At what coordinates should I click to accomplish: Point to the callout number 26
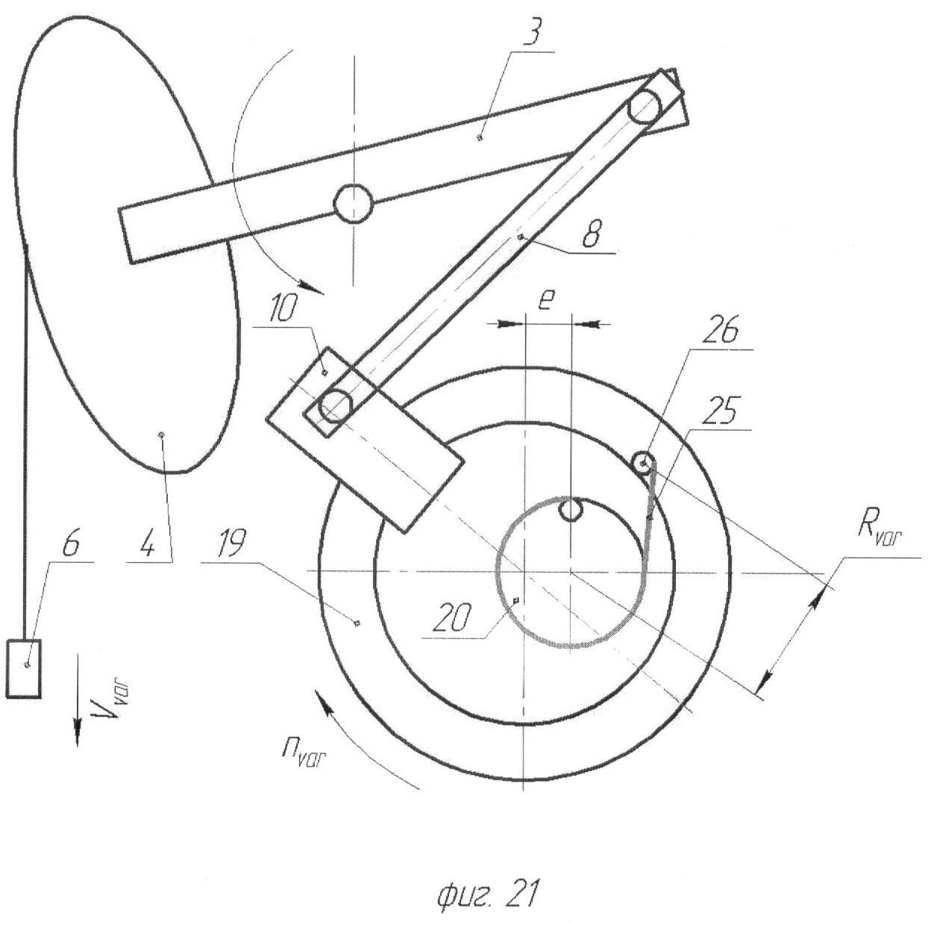[x=719, y=332]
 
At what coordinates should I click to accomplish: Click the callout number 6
[x=72, y=547]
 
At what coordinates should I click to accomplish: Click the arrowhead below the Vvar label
[x=76, y=724]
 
